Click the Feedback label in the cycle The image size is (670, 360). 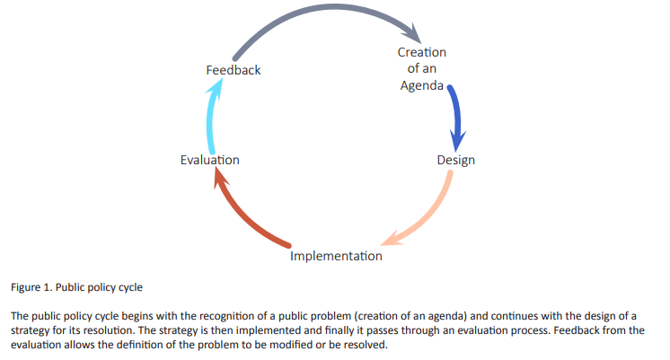point(234,70)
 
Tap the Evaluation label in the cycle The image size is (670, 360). point(210,160)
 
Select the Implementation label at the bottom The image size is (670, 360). point(336,256)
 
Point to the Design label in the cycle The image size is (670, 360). point(456,160)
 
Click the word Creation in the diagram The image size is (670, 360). point(422,52)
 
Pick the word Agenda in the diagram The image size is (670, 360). point(422,85)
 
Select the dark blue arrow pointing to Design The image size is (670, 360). point(458,115)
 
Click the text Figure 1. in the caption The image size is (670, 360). point(31,287)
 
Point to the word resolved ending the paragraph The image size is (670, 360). point(367,345)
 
